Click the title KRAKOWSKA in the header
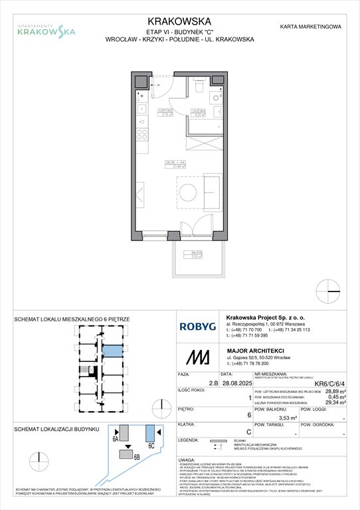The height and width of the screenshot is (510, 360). pyautogui.click(x=179, y=21)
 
